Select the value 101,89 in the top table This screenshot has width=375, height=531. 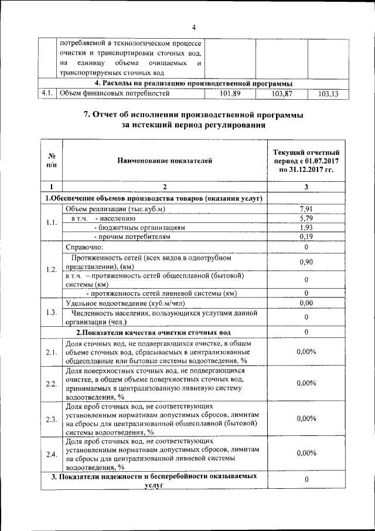coord(230,93)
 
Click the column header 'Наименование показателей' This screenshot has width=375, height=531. coord(164,160)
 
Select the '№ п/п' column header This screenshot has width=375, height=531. coord(52,160)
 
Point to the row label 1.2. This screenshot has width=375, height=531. coord(52,269)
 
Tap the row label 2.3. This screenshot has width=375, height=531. coord(52,419)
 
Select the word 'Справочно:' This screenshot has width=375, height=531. coord(84,246)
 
